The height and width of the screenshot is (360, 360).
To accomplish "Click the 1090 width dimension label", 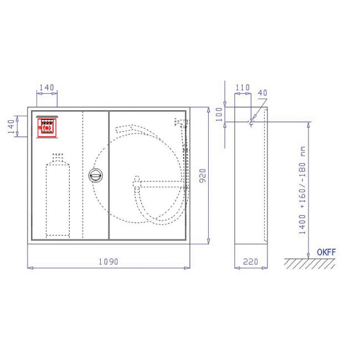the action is click(x=109, y=261).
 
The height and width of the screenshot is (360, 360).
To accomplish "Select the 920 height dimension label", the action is click(x=203, y=176).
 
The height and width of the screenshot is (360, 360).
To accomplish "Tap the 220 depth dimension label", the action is click(x=250, y=261).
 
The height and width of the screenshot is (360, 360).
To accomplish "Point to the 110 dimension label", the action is click(x=243, y=88).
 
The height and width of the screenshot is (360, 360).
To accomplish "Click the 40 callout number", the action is click(x=263, y=92).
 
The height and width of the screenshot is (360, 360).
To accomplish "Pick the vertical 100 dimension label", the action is click(x=219, y=114).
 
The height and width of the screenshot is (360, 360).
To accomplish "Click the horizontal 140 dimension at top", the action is click(x=47, y=88).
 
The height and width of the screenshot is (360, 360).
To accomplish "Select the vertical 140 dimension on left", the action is click(x=11, y=126).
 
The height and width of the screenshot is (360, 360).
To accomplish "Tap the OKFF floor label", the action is click(x=326, y=253).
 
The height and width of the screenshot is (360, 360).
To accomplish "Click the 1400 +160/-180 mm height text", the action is click(x=303, y=190).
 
